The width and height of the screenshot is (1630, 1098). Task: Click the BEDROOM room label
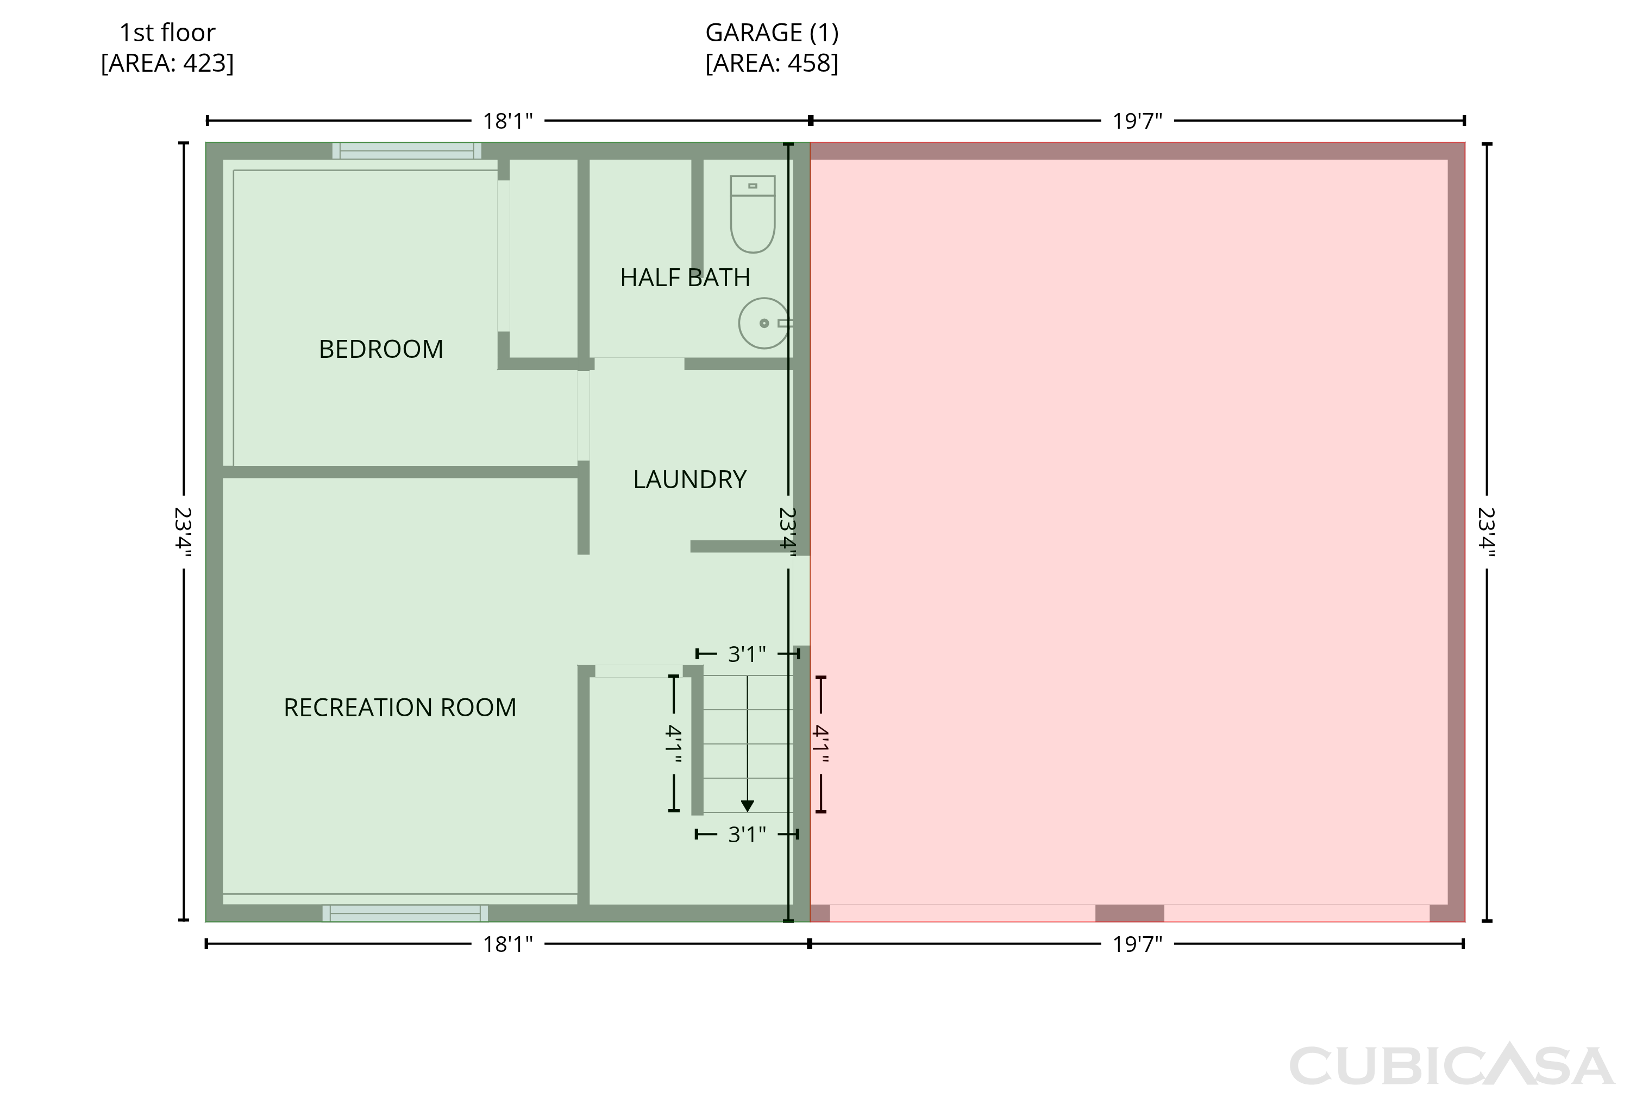point(380,349)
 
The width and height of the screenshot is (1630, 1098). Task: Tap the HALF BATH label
point(685,277)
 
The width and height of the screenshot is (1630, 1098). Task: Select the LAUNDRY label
point(689,479)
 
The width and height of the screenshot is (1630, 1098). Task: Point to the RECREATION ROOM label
point(399,707)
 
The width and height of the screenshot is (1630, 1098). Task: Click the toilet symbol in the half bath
point(753,213)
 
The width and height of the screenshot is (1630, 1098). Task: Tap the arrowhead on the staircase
point(748,805)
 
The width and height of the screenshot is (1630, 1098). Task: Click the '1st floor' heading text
point(167,32)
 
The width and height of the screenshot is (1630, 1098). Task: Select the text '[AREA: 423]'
point(167,63)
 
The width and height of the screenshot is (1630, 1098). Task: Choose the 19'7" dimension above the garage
point(1137,121)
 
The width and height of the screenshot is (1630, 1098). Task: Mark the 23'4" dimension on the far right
point(1487,532)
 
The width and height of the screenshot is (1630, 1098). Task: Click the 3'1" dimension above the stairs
point(747,654)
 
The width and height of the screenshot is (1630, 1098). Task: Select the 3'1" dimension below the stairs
point(747,834)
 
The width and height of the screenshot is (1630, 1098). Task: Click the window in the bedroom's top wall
point(406,150)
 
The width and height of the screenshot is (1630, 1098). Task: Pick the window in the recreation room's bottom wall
point(405,913)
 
